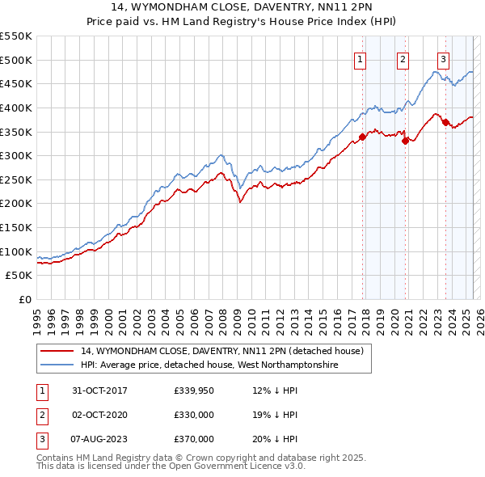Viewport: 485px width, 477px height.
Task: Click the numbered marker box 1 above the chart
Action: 359,58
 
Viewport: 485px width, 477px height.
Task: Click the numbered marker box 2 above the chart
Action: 402,58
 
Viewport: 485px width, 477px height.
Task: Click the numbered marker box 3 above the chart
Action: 444,58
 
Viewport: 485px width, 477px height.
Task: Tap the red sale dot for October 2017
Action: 362,137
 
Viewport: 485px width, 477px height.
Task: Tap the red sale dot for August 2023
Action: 445,122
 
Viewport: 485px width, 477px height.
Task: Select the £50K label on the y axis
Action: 19,276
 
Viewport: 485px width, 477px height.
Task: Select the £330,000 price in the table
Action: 194,415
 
